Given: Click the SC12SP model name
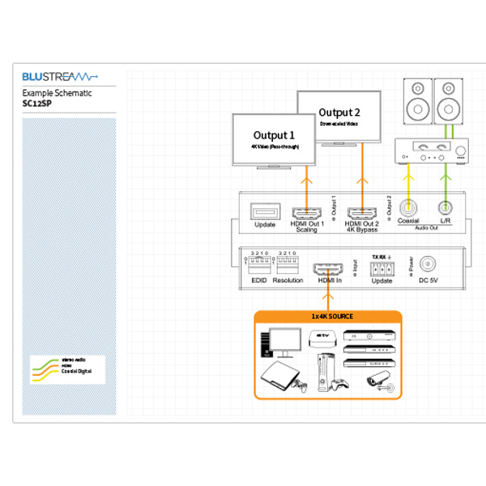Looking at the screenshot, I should tap(38, 104).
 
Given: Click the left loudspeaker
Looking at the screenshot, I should tap(416, 99).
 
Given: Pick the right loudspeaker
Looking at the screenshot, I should tap(448, 99).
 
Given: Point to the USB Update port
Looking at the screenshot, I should tap(266, 212).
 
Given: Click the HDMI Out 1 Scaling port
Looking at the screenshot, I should tap(307, 214).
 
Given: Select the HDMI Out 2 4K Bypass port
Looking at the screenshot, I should tap(363, 214).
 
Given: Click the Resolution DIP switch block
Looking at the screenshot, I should tap(288, 265).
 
